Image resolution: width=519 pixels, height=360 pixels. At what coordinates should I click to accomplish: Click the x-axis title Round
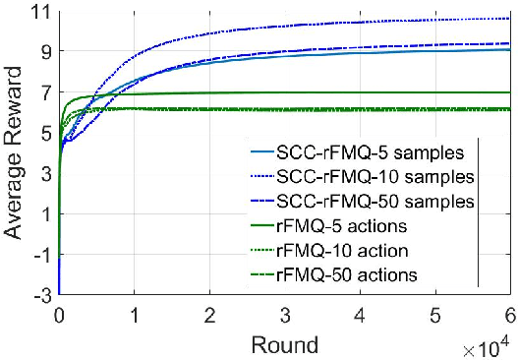pyautogui.click(x=284, y=344)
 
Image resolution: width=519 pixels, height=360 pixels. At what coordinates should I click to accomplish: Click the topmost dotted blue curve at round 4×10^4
pyautogui.click(x=360, y=21)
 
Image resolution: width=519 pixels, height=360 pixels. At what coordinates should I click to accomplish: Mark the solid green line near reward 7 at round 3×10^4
pyautogui.click(x=284, y=92)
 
